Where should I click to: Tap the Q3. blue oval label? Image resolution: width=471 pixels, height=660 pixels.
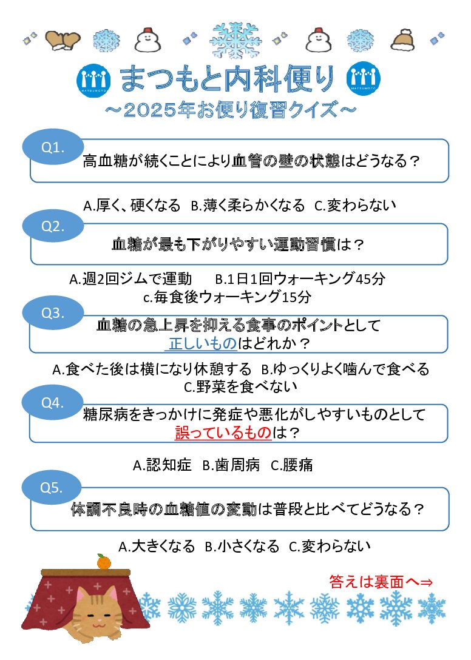(x=52, y=313)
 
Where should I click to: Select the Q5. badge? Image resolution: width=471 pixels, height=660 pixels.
(x=52, y=487)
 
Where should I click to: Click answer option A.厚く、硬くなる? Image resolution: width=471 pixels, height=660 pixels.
(x=132, y=206)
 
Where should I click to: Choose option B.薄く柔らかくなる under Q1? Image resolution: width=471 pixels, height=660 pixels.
(x=248, y=206)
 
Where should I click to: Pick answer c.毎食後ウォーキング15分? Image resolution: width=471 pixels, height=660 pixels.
(x=227, y=297)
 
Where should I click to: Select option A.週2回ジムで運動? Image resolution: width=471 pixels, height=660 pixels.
(x=130, y=279)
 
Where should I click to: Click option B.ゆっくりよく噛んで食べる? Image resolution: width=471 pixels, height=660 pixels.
(x=345, y=369)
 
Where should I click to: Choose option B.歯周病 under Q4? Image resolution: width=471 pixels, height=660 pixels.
(x=231, y=465)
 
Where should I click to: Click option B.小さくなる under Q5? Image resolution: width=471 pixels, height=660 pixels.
(x=242, y=546)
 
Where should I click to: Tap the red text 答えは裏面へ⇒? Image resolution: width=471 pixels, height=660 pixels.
(x=381, y=582)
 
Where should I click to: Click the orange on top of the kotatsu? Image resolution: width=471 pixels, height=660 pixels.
(x=103, y=563)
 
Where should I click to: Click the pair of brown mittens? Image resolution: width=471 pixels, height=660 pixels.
(x=63, y=40)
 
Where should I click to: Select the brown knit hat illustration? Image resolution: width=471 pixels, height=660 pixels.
(x=402, y=39)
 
